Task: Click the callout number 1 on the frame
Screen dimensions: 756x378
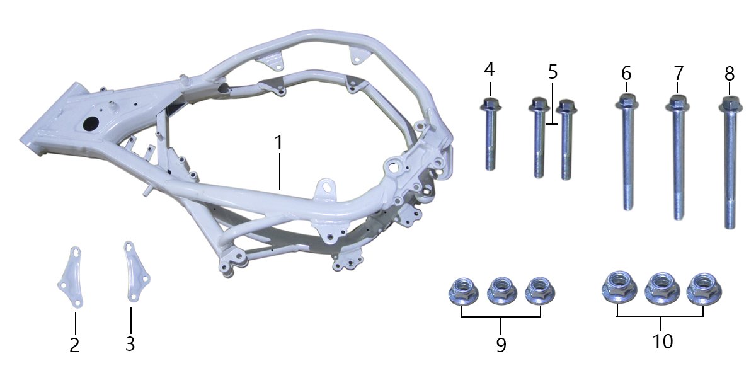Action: point(278,143)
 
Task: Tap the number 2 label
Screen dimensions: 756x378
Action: point(74,345)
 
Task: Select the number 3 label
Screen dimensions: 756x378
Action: point(130,343)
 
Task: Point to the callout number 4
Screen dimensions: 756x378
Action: point(489,69)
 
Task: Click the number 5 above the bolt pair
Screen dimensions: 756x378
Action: point(553,72)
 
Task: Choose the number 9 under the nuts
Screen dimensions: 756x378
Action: point(501,345)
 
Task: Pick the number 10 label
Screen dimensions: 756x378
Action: point(663,341)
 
